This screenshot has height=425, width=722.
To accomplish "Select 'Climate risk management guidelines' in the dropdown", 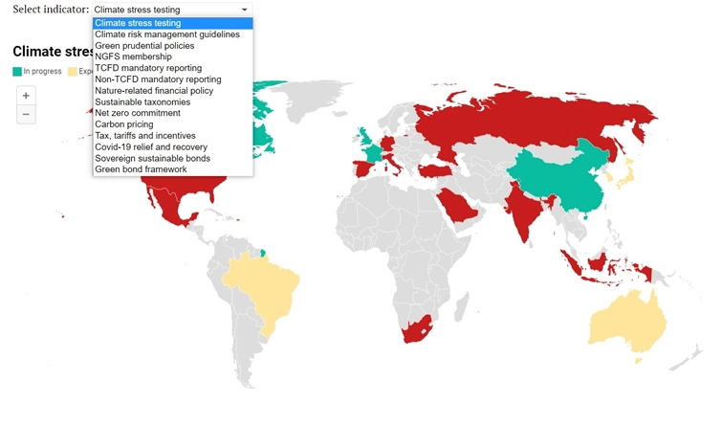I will click(167, 34).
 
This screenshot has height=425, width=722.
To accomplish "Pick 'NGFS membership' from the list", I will click(131, 56).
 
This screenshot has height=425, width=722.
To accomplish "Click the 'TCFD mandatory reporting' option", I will click(148, 68).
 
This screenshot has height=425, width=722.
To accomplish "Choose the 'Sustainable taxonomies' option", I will click(142, 101).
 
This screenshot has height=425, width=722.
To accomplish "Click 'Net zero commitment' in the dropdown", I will click(138, 113).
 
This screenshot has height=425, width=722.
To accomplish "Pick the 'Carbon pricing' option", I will click(124, 124).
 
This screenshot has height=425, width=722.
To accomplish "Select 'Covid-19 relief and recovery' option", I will click(151, 146).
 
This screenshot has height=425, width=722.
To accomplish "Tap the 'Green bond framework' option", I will click(141, 169).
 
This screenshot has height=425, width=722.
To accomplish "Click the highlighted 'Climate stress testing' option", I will click(138, 23).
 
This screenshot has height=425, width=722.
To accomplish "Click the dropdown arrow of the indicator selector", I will click(245, 10).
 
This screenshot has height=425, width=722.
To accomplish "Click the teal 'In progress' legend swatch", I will click(17, 71).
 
